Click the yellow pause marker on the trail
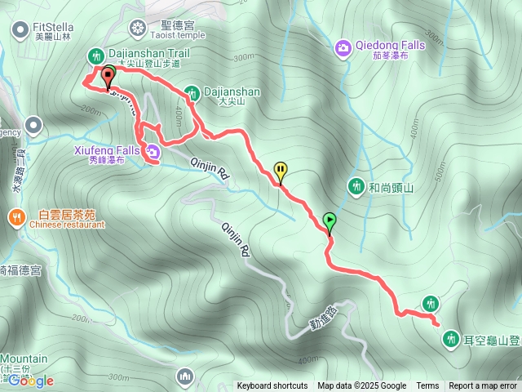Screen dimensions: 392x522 tap(281, 171)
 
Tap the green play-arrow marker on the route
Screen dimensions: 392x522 tap(330, 220)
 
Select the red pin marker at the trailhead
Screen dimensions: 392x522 tap(107, 78)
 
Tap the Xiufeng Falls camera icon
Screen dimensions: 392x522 tap(153, 151)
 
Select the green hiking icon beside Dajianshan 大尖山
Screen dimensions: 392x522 tap(192, 92)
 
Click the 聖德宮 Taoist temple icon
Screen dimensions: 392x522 tap(137, 29)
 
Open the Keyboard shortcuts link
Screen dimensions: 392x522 tap(272, 386)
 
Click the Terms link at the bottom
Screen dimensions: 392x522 tap(427, 386)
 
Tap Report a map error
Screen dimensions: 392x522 tap(483, 386)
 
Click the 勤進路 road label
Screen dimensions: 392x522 tap(324, 316)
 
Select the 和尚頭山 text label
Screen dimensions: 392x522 tap(391, 188)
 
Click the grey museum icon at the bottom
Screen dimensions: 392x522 tap(185, 376)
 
